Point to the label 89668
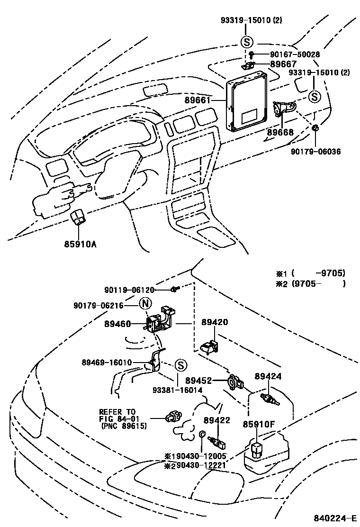280,133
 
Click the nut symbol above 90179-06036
315,127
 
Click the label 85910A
81,245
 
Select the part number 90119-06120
129,290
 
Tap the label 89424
268,376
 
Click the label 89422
217,420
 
